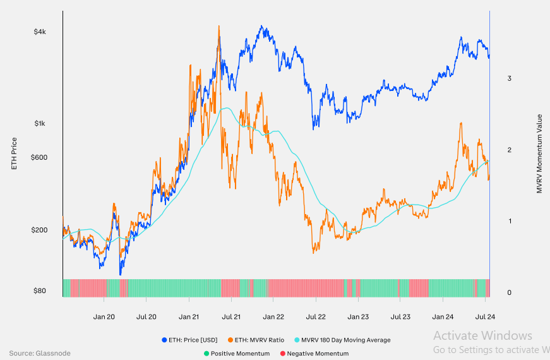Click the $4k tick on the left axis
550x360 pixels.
40,32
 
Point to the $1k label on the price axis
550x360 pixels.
40,124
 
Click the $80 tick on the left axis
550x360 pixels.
40,291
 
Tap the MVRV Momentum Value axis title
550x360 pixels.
539,153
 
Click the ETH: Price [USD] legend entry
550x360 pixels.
191,340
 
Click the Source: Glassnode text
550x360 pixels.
40,353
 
